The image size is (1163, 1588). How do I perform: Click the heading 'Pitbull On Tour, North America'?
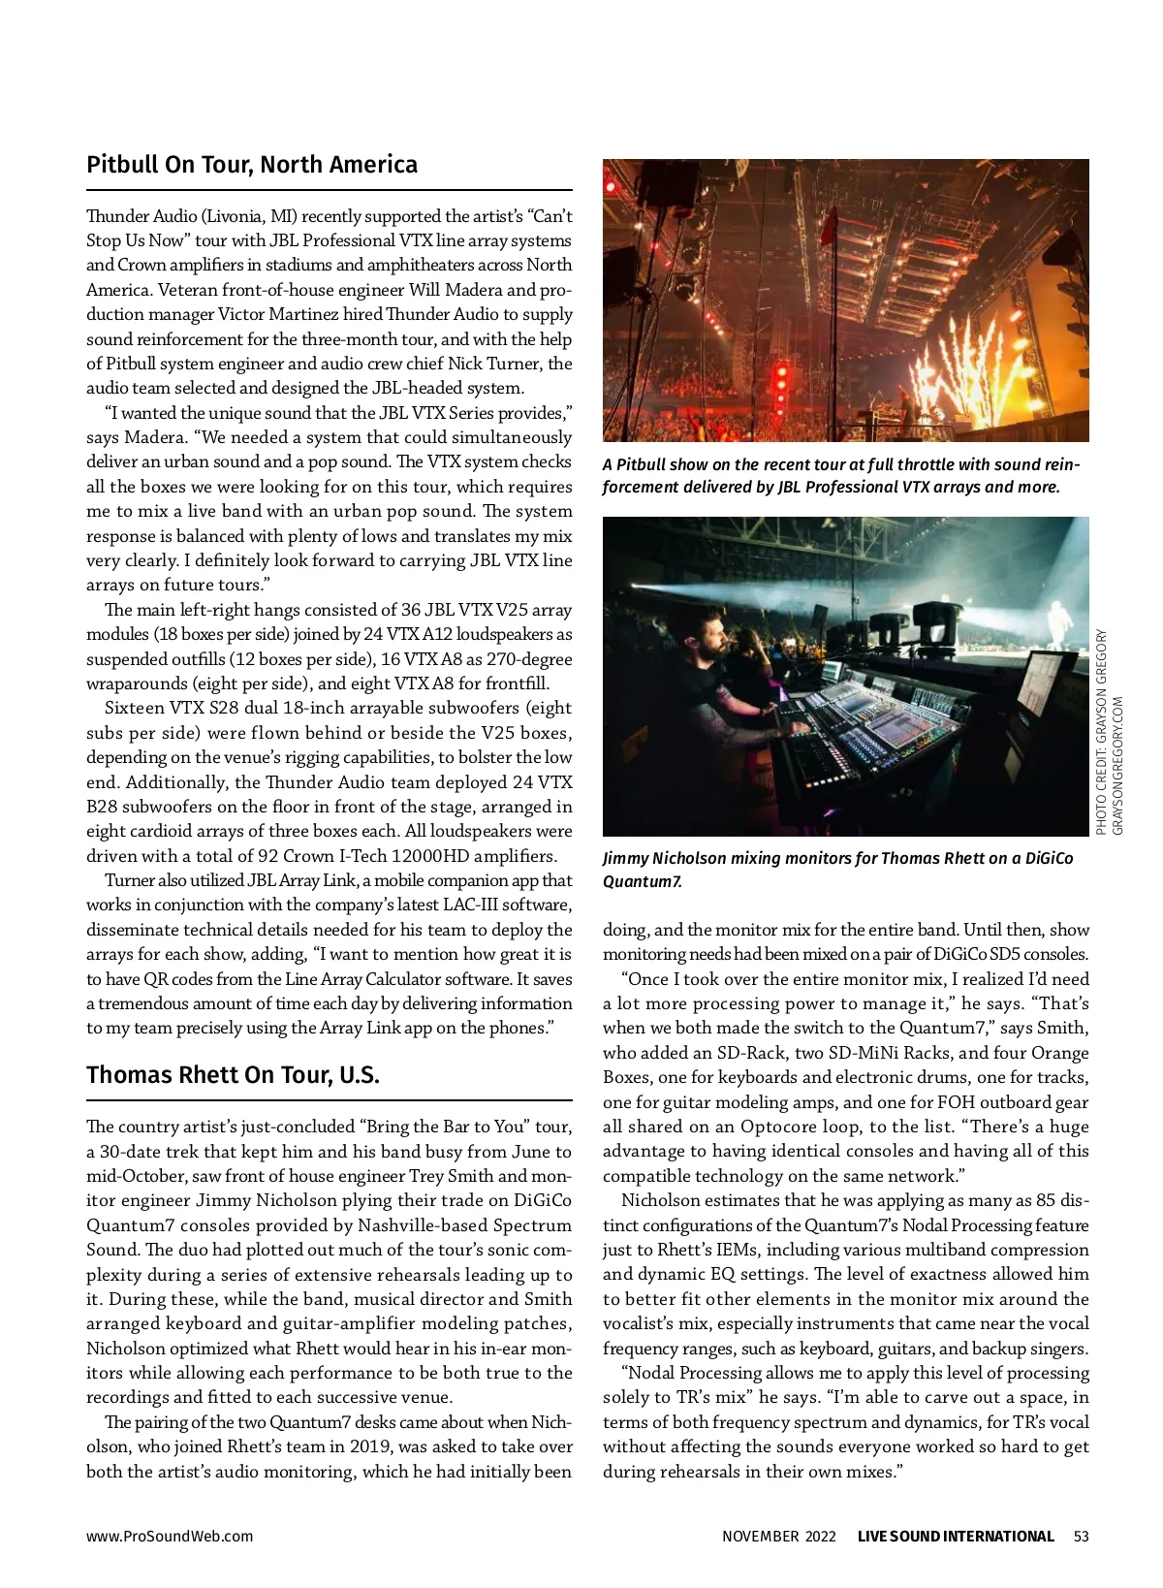tap(252, 165)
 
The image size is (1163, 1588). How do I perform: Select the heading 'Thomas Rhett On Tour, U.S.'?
tap(233, 1075)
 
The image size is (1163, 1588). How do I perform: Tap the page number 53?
tap(1081, 1536)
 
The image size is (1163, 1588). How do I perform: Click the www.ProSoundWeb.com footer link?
tap(170, 1536)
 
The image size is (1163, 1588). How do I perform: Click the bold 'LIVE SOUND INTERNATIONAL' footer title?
tap(956, 1536)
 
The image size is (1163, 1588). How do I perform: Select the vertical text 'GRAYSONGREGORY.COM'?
tap(1117, 766)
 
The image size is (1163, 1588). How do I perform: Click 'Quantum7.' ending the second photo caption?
tap(643, 881)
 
